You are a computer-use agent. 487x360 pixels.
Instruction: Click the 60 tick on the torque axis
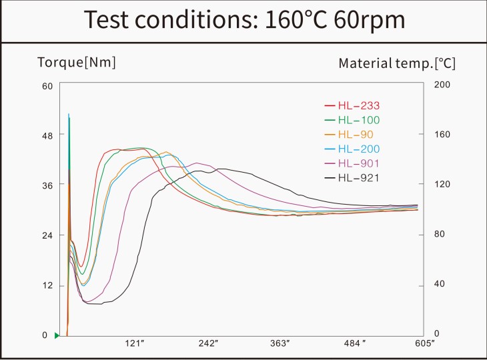(47, 86)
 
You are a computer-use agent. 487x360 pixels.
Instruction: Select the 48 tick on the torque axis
(47, 135)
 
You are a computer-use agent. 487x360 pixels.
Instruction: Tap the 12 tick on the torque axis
(47, 286)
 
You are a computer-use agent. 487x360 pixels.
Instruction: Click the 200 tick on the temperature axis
(444, 85)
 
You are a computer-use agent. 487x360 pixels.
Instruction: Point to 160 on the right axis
(444, 135)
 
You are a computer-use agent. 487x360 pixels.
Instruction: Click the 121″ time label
(135, 343)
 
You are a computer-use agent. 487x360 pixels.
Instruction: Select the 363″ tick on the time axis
(280, 343)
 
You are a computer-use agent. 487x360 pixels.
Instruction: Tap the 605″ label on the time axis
(424, 343)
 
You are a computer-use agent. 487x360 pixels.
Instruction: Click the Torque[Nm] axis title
(76, 63)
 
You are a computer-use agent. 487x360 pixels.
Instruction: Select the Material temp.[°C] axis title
(397, 63)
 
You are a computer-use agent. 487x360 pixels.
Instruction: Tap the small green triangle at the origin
(57, 335)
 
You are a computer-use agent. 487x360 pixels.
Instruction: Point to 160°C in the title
(294, 19)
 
